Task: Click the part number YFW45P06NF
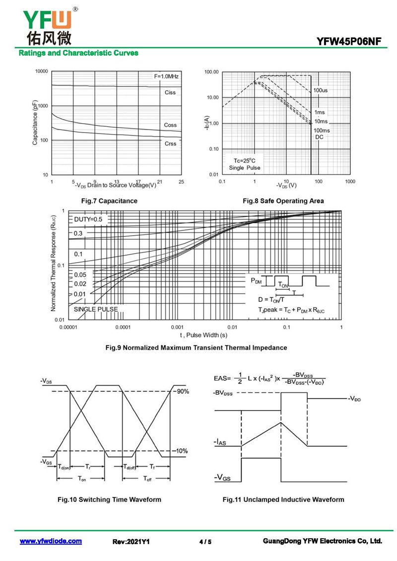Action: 349,42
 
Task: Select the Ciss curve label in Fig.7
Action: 170,93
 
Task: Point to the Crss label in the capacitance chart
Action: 170,143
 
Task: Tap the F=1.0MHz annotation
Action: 166,76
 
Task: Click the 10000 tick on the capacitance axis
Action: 41,71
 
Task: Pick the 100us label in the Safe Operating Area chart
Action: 320,90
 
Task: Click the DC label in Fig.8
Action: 319,137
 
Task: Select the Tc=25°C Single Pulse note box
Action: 244,164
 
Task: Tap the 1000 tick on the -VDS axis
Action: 350,182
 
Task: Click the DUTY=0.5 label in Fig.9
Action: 88,219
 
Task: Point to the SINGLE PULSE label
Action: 96,309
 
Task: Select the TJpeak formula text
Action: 291,310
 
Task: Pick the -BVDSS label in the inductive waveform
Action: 223,393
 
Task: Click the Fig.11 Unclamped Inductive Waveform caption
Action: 283,499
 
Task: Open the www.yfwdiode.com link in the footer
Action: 51,541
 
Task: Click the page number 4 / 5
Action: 205,542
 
